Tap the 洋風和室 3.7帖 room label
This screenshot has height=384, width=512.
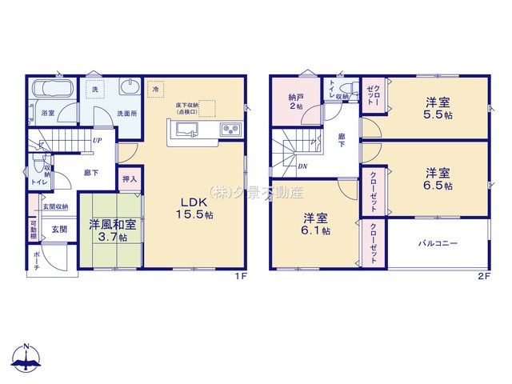112,230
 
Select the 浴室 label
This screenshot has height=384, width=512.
48,114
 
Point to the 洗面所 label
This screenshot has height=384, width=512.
127,114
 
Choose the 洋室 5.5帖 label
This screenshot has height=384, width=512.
438,108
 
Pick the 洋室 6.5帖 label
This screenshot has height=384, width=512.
438,178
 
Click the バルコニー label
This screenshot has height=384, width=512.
436,242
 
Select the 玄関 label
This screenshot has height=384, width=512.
59,229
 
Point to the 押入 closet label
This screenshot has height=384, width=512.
130,180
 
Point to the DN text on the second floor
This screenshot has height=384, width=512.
302,166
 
